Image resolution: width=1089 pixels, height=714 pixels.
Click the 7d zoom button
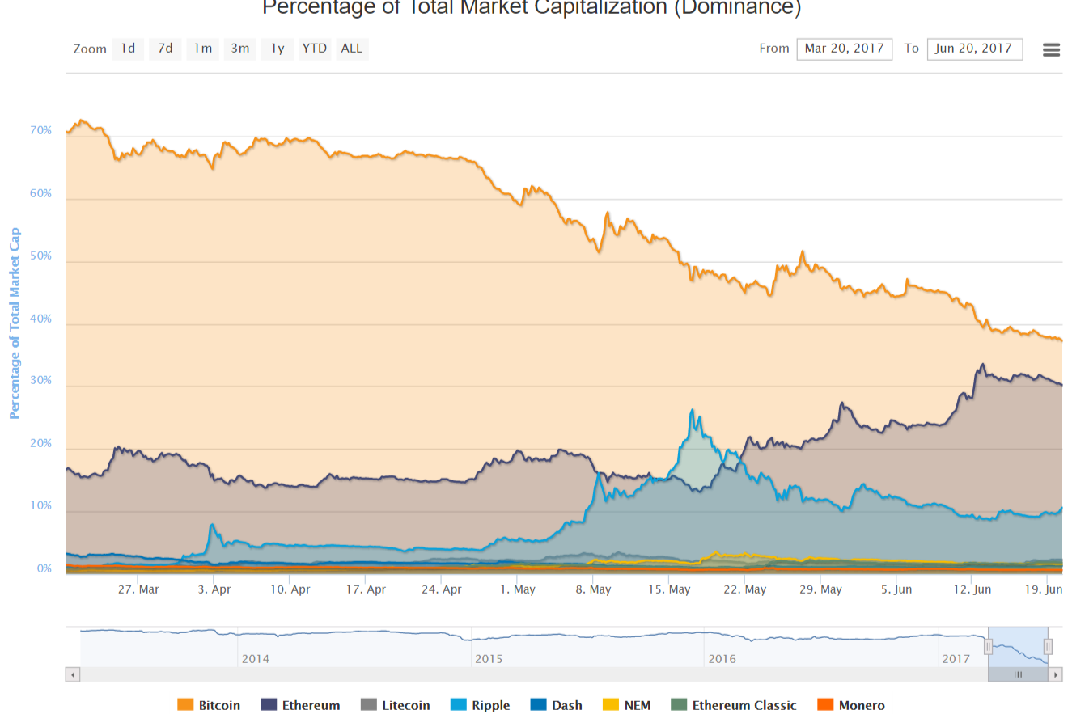165,49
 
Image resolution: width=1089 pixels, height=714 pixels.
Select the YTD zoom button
314,49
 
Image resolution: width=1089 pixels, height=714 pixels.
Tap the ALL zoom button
352,49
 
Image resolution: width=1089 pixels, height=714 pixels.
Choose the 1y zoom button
278,49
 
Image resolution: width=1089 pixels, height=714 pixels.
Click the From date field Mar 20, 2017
844,49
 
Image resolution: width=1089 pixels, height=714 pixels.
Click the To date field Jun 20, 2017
974,49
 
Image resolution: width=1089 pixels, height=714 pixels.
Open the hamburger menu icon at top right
1051,49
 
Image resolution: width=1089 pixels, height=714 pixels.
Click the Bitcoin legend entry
210,705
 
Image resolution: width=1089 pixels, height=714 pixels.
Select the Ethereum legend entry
301,705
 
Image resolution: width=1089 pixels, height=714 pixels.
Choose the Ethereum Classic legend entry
734,705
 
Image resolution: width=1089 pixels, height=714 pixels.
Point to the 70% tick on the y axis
42,131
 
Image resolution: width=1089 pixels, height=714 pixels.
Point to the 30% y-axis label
42,381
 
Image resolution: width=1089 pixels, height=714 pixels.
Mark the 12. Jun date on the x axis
972,589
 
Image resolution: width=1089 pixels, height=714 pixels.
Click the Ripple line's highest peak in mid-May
692,410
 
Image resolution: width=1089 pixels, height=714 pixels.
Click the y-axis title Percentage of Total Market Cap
14,323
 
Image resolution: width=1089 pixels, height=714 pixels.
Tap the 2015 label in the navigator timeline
489,658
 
